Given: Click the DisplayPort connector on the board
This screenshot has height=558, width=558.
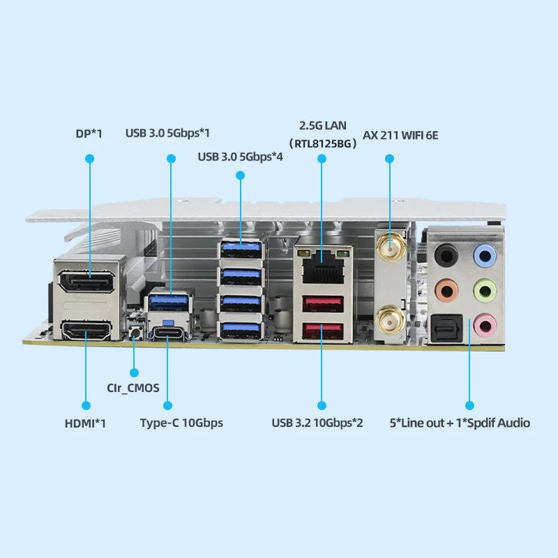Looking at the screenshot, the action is pyautogui.click(x=86, y=281).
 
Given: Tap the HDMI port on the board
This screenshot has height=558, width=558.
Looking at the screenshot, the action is pyautogui.click(x=86, y=330).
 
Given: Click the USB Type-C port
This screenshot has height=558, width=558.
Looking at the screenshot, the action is pyautogui.click(x=167, y=333).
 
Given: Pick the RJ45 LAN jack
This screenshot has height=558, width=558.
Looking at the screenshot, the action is pyautogui.click(x=323, y=266).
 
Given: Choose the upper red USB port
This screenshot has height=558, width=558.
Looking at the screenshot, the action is pyautogui.click(x=323, y=303).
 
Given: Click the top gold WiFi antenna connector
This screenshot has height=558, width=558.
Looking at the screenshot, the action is pyautogui.click(x=391, y=248).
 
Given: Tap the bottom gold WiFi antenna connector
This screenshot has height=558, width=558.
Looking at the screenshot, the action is pyautogui.click(x=391, y=322).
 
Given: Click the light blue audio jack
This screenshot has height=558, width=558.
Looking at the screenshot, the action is pyautogui.click(x=485, y=255).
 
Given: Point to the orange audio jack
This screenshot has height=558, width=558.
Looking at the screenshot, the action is pyautogui.click(x=446, y=291).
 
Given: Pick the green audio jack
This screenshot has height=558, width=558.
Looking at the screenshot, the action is pyautogui.click(x=485, y=290).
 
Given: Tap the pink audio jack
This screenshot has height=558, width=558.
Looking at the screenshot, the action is pyautogui.click(x=485, y=325).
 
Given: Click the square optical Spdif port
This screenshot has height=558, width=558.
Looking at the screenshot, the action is pyautogui.click(x=446, y=328).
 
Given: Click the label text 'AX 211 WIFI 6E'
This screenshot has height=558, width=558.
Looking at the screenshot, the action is pyautogui.click(x=400, y=135).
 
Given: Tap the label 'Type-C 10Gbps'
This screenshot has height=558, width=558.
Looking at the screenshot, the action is pyautogui.click(x=181, y=423).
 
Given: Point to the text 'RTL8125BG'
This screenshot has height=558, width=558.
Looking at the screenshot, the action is pyautogui.click(x=323, y=144).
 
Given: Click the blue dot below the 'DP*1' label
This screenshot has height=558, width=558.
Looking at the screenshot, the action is pyautogui.click(x=90, y=159).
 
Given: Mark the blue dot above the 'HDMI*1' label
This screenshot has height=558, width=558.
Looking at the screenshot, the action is pyautogui.click(x=86, y=405).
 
